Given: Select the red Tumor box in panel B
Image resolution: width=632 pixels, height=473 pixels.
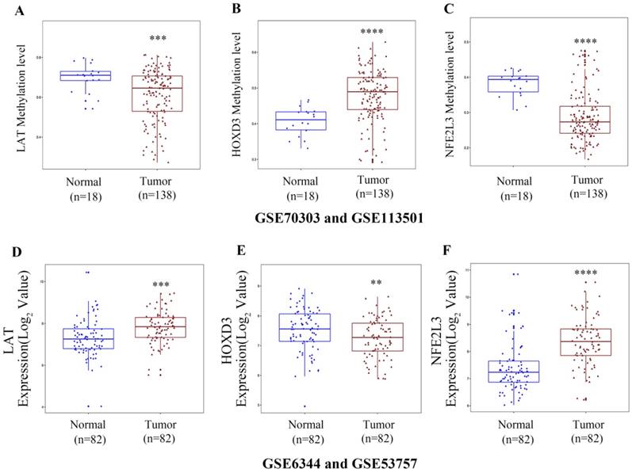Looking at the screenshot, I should [x=372, y=93].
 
